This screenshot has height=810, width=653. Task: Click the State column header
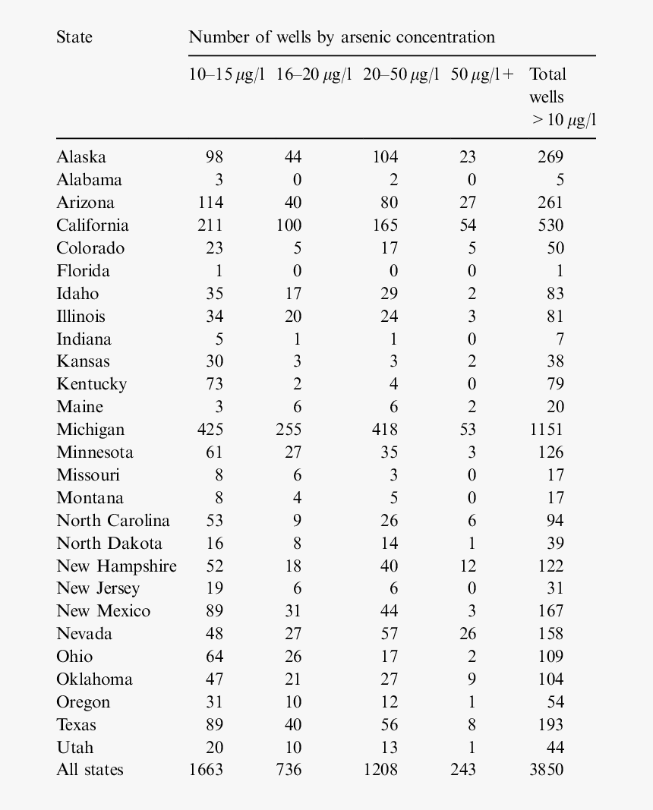click(74, 37)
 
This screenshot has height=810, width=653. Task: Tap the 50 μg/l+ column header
click(481, 74)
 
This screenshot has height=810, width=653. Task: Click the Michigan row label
click(90, 430)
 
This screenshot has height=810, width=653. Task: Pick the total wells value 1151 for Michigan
click(547, 430)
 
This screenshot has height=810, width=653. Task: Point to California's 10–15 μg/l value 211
click(210, 225)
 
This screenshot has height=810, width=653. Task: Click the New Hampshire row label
click(116, 566)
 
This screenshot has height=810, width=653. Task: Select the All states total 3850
click(547, 770)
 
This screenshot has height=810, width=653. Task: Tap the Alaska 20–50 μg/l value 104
click(385, 157)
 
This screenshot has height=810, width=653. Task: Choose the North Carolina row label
click(113, 521)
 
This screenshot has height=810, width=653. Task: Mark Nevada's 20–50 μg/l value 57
click(389, 634)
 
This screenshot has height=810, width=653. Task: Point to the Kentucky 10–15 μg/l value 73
click(214, 384)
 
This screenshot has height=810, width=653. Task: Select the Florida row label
click(83, 271)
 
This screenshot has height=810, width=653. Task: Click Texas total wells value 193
click(550, 724)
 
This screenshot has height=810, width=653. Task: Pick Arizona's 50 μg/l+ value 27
click(468, 203)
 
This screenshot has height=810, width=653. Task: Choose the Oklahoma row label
click(94, 679)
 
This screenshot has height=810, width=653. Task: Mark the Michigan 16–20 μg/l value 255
click(289, 430)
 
